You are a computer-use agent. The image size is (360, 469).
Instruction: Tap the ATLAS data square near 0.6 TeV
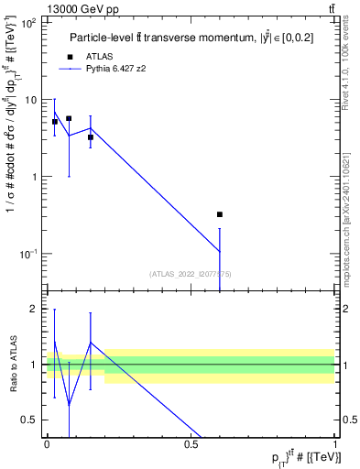coord(220,214)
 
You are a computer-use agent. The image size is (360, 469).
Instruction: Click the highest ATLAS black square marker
coord(69,118)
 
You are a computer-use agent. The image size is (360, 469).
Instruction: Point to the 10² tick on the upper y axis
coord(28,23)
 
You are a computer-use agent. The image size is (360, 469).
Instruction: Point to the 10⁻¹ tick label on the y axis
coord(28,254)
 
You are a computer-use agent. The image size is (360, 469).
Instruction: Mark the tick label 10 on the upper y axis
coord(31,100)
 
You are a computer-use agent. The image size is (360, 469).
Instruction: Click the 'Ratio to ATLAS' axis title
coord(12,365)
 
